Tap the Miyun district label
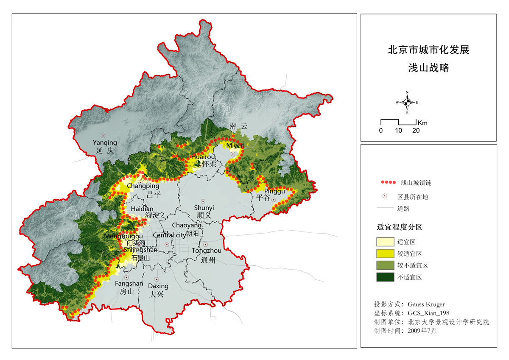point(236,145)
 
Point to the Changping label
point(143,186)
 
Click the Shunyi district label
point(204,208)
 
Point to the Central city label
point(169,235)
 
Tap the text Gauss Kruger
point(426,304)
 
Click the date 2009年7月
point(422,331)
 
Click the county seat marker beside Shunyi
point(203,201)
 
